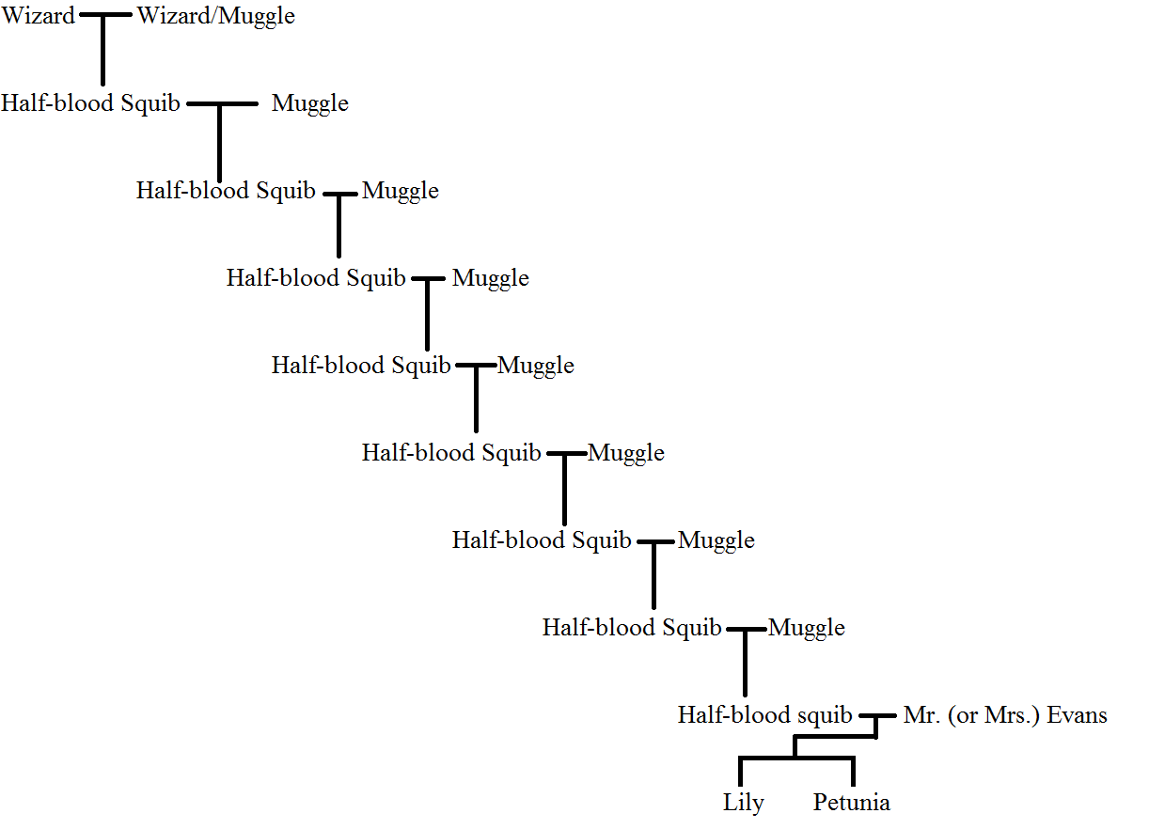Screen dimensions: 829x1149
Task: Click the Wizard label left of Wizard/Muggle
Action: tap(39, 16)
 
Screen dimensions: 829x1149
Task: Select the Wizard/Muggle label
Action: tap(215, 16)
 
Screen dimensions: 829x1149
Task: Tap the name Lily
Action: tap(743, 803)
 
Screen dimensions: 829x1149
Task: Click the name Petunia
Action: tap(851, 803)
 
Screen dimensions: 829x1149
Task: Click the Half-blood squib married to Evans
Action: tap(764, 715)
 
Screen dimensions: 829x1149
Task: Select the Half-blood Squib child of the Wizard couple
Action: tap(90, 103)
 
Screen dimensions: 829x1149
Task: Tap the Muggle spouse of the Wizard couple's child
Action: tap(310, 103)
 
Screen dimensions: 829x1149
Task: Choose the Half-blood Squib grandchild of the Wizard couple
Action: tap(226, 191)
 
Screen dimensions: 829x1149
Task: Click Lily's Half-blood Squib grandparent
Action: tap(632, 628)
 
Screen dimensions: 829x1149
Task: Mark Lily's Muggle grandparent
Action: tap(807, 628)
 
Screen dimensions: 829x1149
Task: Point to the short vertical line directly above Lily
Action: tap(741, 773)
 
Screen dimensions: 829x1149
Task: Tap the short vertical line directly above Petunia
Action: tap(853, 773)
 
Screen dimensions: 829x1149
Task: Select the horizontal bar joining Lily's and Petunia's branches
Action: tap(796, 758)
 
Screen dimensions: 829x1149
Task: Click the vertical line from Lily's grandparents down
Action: tap(746, 663)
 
